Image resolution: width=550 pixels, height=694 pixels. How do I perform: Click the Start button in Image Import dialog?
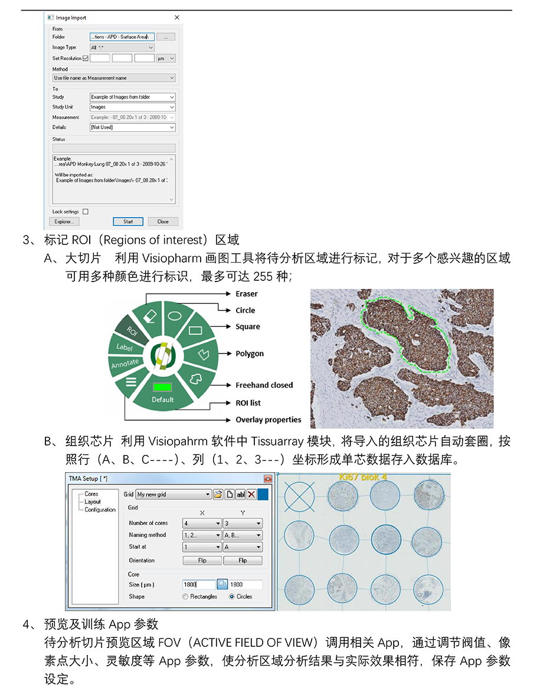click(128, 222)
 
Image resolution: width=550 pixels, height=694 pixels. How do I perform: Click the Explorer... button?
click(64, 222)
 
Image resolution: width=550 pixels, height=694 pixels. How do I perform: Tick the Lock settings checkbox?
click(86, 211)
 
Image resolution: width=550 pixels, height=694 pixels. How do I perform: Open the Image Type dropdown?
click(122, 47)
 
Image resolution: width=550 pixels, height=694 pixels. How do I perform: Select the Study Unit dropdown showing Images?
click(132, 107)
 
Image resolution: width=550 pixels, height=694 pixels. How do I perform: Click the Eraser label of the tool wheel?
click(247, 294)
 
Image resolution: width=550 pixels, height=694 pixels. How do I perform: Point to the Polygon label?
click(250, 353)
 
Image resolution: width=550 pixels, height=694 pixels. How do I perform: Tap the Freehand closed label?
click(264, 385)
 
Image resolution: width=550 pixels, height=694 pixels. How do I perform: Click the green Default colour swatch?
click(162, 388)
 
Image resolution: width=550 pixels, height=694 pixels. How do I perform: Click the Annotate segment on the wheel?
click(125, 364)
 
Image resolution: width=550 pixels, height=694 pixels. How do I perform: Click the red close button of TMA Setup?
click(268, 479)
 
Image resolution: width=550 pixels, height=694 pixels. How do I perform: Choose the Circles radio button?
click(231, 597)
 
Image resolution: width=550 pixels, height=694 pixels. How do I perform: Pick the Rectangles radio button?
click(186, 597)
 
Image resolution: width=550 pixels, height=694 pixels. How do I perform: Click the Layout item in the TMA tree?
click(93, 502)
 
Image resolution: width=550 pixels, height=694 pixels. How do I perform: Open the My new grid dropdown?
click(173, 495)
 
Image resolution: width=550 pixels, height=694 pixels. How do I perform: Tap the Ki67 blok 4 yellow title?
click(363, 476)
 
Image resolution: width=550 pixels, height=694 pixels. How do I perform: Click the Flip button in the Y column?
click(243, 561)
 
